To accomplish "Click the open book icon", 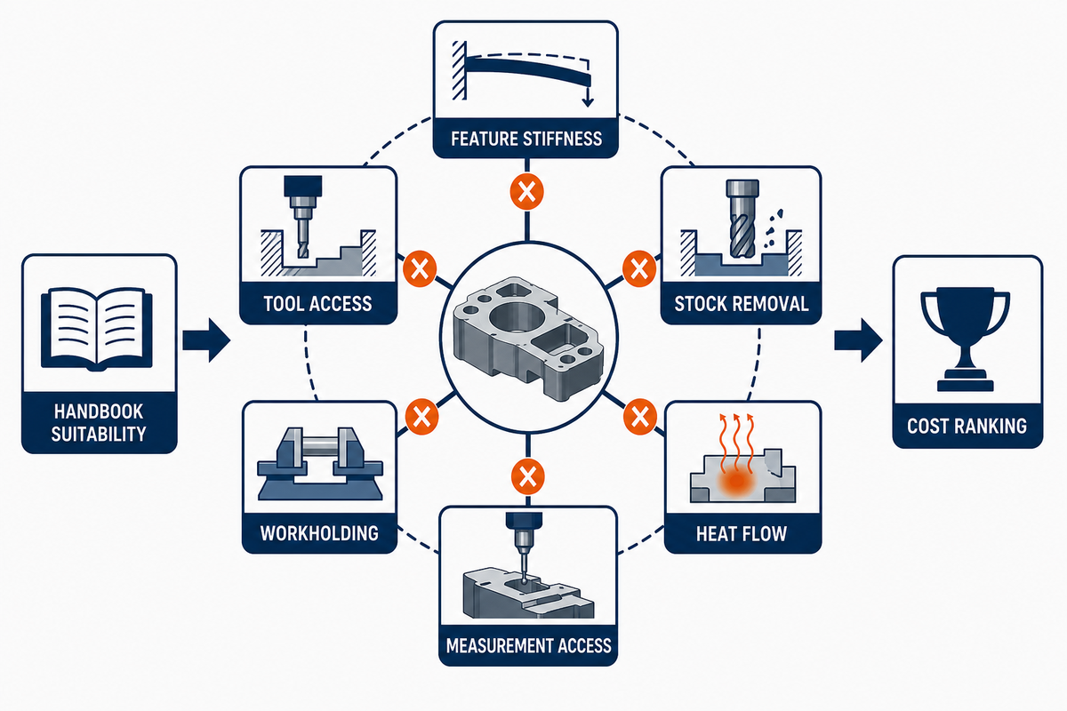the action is tap(97, 329).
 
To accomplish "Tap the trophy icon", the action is tap(966, 338).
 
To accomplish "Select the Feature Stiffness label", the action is tap(526, 139).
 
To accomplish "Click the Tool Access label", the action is tap(317, 304).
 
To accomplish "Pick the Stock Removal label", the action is tap(742, 304).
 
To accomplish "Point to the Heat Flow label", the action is tap(742, 534).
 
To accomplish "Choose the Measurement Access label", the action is tap(528, 646).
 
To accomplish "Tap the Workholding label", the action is tap(319, 533).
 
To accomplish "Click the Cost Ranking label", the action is tap(967, 426).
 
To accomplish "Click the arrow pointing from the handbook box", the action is tap(206, 340).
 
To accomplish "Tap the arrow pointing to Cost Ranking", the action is tap(858, 340).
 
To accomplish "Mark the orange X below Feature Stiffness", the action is tap(526, 192).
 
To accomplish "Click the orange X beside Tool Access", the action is tap(420, 268).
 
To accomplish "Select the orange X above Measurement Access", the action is tap(528, 476).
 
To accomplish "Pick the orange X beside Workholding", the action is tap(421, 417).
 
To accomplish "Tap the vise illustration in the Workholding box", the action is tap(319, 463).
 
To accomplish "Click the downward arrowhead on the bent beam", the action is tap(588, 100).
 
